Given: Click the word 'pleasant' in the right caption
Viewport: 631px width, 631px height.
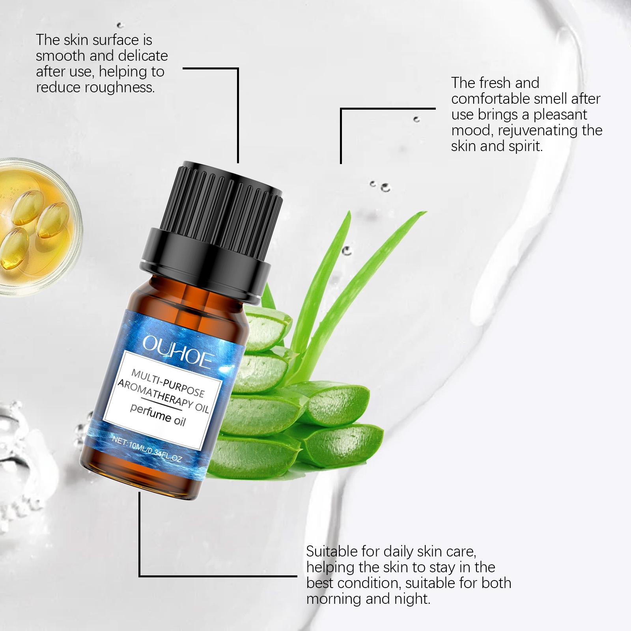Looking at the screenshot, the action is click(x=560, y=115).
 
